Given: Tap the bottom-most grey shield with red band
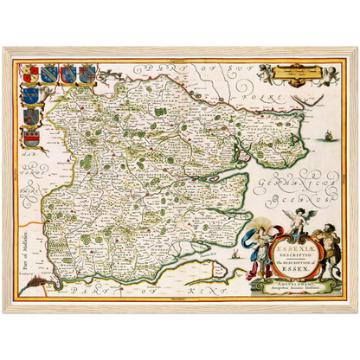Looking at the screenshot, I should (33, 136).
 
